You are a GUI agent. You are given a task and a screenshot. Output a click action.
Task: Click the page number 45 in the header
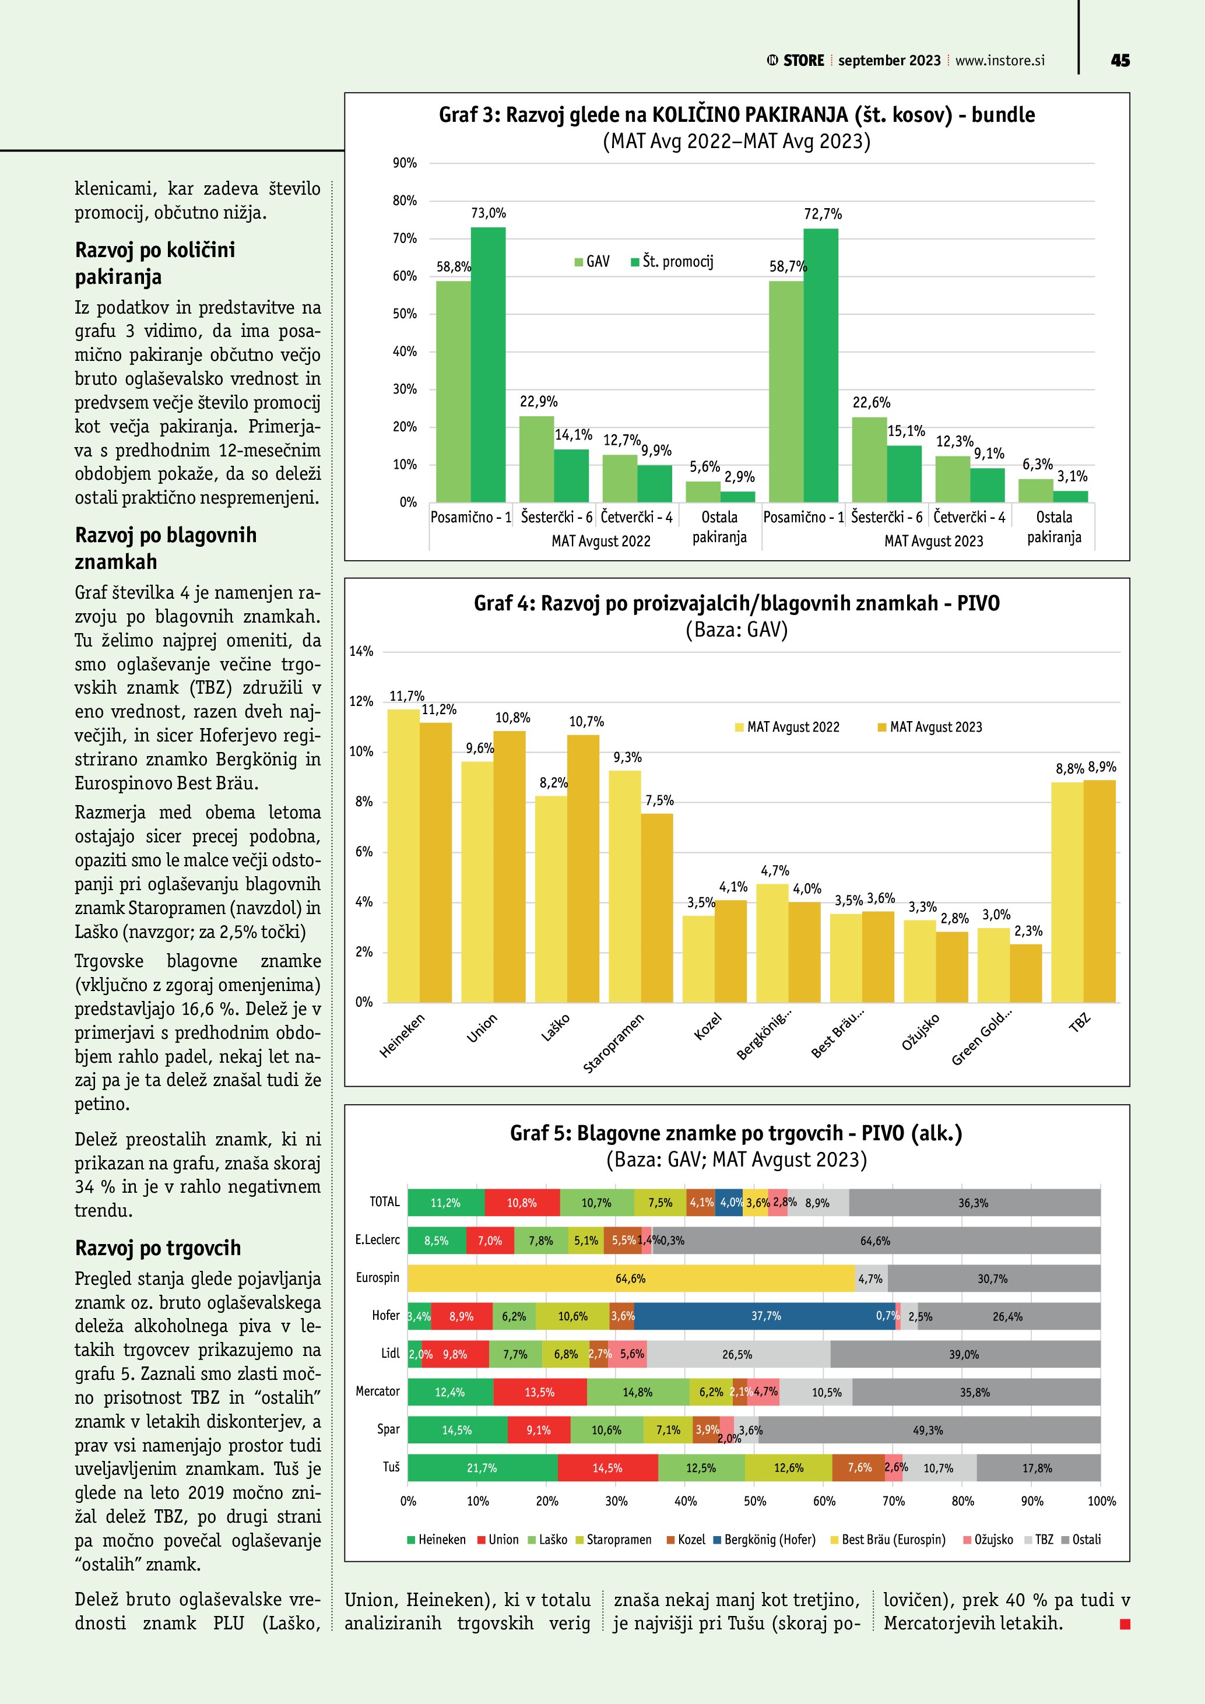pyautogui.click(x=1120, y=60)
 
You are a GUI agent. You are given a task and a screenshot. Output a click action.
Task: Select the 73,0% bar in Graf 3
pyautogui.click(x=488, y=364)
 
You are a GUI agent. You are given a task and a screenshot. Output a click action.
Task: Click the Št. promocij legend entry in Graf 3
pyautogui.click(x=672, y=261)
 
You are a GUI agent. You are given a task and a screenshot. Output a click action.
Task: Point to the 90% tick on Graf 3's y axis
pyautogui.click(x=405, y=163)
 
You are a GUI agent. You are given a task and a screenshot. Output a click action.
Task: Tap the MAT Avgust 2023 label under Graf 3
pyautogui.click(x=933, y=541)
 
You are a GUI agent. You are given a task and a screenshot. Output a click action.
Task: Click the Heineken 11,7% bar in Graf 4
pyautogui.click(x=403, y=853)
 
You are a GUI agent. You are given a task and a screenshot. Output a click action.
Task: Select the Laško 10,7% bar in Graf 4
pyautogui.click(x=582, y=869)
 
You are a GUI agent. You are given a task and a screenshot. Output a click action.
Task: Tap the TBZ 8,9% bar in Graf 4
pyautogui.click(x=1099, y=891)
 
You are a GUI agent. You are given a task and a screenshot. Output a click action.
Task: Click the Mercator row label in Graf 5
pyautogui.click(x=378, y=1392)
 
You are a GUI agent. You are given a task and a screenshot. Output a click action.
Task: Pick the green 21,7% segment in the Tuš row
pyautogui.click(x=482, y=1468)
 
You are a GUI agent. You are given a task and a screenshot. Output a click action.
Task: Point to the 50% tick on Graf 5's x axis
pyautogui.click(x=754, y=1501)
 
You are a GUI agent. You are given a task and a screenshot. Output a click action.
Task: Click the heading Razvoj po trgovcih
pyautogui.click(x=158, y=1248)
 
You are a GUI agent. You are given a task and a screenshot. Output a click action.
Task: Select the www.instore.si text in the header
pyautogui.click(x=999, y=61)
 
